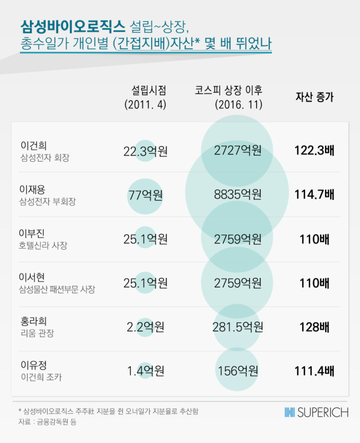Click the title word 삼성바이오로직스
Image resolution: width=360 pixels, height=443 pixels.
coord(73,27)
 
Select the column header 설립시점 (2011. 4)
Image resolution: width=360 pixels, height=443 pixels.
coord(145,97)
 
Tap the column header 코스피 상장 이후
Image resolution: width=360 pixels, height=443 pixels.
coord(229,90)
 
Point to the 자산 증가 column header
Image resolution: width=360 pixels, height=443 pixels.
coord(315,97)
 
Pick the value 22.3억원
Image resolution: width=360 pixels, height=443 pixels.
coord(146,151)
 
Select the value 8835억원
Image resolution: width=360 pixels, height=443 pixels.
coord(238,194)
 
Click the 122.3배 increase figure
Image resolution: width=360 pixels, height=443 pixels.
coord(315,150)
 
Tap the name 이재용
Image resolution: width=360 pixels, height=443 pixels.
coord(32,189)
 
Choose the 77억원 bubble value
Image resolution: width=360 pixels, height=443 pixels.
coord(146,195)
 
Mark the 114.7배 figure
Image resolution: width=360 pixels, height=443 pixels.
coord(315,194)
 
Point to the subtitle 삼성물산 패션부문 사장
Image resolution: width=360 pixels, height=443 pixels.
coord(57,289)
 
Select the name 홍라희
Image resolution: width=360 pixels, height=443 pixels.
coord(34,321)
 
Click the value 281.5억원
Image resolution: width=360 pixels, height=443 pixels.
coord(238,327)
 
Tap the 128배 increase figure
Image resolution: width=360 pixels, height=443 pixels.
coord(315,327)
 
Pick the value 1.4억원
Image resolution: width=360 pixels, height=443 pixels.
coord(146,371)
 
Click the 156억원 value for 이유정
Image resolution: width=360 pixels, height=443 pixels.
coord(238,371)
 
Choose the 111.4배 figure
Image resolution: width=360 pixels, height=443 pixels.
coord(315,371)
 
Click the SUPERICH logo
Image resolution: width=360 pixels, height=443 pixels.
coord(316,413)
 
